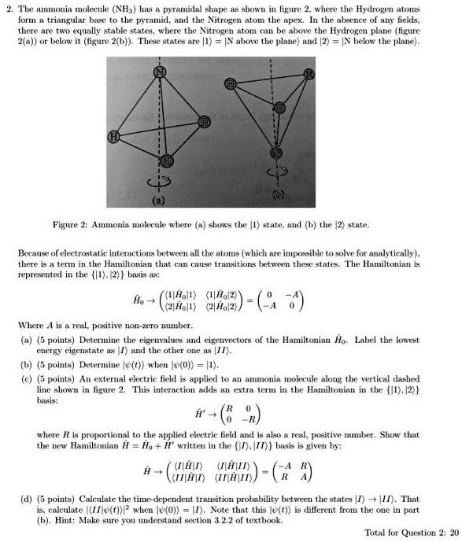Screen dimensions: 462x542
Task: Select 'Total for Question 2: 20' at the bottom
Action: pos(412,533)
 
